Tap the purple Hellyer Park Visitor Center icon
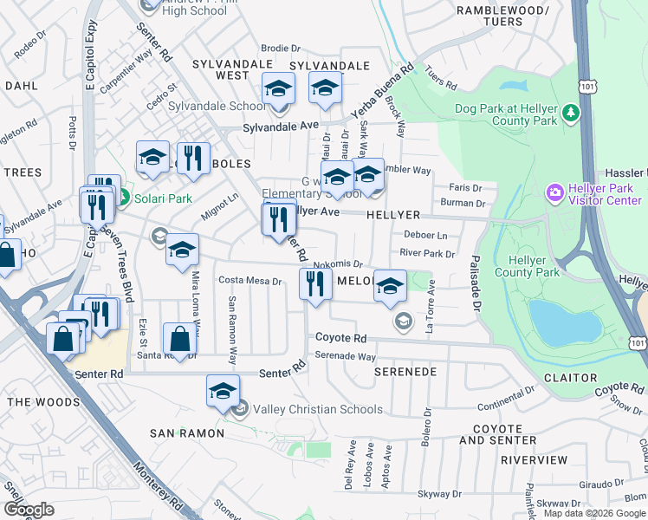tap(554, 191)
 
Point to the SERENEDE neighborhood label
tap(405, 371)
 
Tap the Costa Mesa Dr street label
tap(250, 281)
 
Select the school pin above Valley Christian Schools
tap(223, 390)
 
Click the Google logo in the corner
tap(29, 510)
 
